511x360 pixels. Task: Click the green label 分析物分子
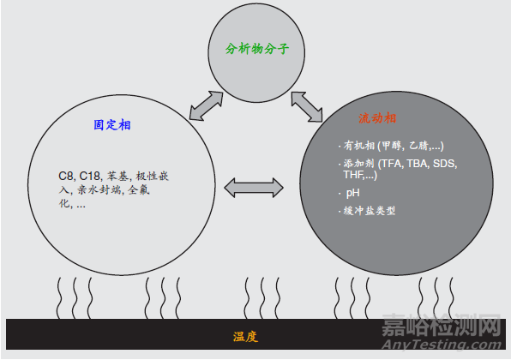coord(257,49)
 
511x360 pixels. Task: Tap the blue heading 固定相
coord(112,125)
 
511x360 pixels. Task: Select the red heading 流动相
coord(377,118)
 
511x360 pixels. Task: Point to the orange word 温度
coord(245,337)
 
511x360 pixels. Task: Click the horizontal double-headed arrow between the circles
coord(254,188)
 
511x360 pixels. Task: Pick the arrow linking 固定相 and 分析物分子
coord(207,106)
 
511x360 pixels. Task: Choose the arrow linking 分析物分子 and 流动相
coord(307,107)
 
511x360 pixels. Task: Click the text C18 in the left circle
coord(90,177)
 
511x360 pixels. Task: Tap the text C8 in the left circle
coord(67,177)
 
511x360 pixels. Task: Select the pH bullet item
coord(353,193)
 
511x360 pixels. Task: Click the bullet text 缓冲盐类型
coord(370,211)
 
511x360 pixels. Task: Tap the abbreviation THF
coord(354,175)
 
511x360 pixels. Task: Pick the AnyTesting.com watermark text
coord(442,344)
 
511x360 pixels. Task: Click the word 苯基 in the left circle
coord(117,177)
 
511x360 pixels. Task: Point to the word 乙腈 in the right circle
coord(418,146)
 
